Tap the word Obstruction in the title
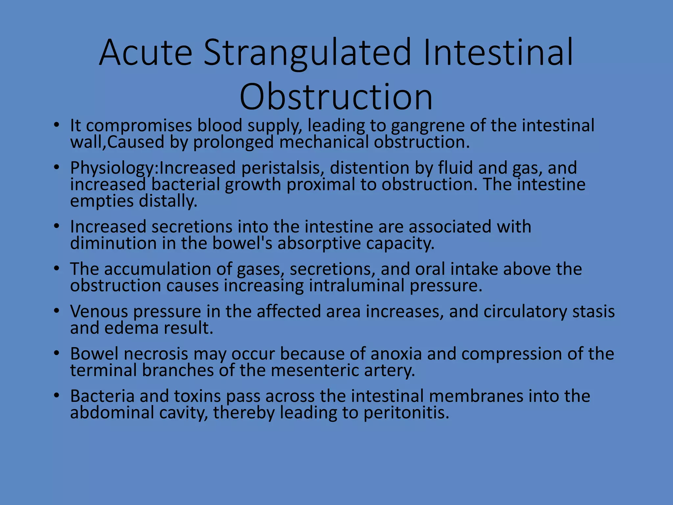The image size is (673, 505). [336, 97]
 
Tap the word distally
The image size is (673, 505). [168, 201]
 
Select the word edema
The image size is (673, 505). [131, 328]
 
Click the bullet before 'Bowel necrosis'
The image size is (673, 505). [57, 353]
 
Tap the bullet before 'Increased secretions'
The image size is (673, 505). [57, 226]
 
